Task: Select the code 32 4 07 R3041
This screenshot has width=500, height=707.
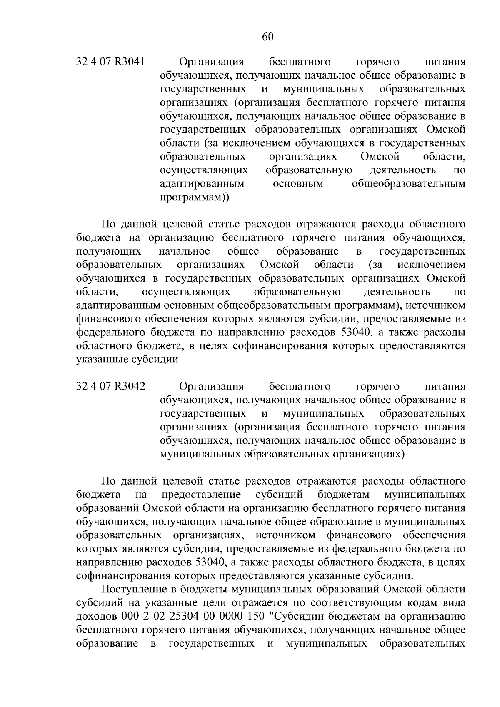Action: pos(110,62)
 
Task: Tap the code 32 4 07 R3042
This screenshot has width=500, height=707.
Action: pos(110,386)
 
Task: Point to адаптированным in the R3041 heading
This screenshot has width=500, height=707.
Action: pos(202,184)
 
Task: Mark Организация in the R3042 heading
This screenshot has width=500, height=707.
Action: pos(211,386)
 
